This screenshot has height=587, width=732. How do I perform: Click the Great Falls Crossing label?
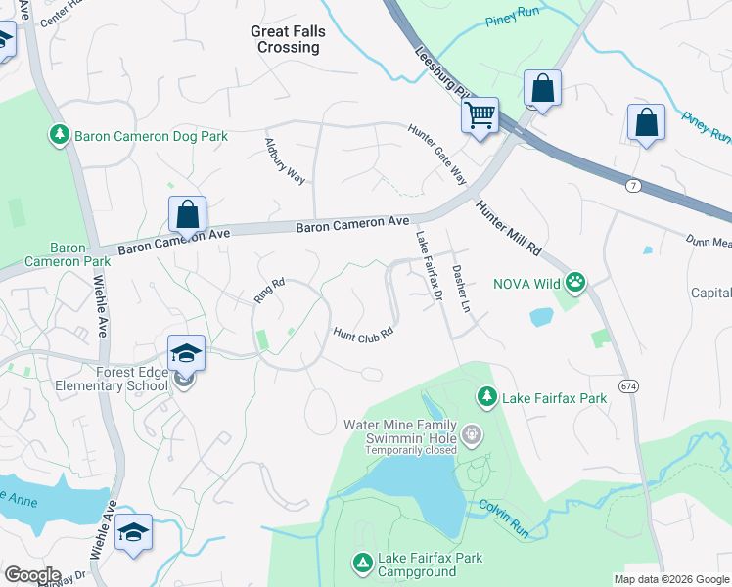288,39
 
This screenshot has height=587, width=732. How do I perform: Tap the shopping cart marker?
480,115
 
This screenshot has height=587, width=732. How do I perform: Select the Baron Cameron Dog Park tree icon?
60,136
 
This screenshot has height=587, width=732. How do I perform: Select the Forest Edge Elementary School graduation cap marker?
186,354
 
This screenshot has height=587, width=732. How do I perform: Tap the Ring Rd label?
268,291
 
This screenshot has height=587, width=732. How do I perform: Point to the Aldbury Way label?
286,160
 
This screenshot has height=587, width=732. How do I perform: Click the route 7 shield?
632,184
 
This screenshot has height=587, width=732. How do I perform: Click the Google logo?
32,575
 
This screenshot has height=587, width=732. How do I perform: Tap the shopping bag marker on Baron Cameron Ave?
187,215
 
